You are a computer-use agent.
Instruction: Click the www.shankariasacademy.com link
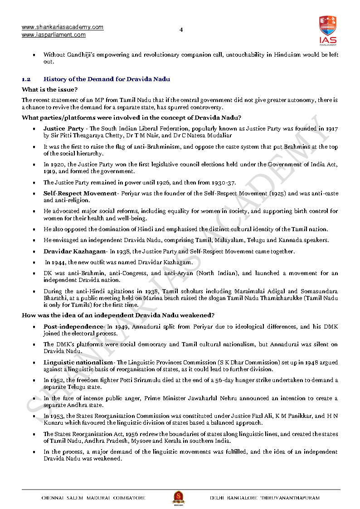[x=63, y=27]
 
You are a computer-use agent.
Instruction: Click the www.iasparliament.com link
[x=54, y=35]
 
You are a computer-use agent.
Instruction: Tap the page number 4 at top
[x=181, y=30]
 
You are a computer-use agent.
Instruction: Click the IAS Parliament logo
[x=327, y=30]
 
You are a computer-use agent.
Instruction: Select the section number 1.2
[x=26, y=79]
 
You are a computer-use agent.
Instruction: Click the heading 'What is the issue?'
[x=49, y=90]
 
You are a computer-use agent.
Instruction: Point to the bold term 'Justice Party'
[x=63, y=129]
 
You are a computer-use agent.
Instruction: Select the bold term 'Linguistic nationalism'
[x=78, y=363]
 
